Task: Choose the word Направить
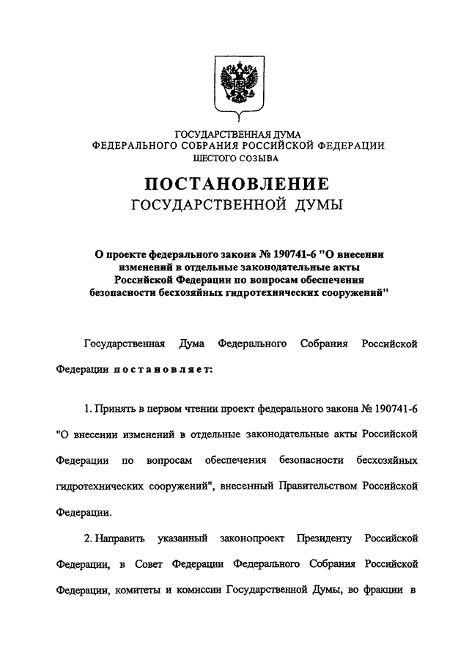click(116, 539)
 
